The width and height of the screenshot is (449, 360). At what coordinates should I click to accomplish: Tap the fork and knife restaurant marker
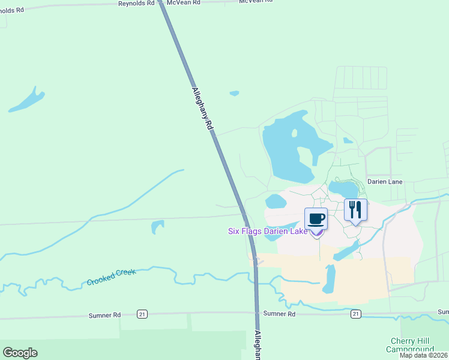pos(355,210)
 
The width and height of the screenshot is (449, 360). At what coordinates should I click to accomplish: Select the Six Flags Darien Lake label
pos(268,231)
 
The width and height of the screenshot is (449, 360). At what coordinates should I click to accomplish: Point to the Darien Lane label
pos(385,181)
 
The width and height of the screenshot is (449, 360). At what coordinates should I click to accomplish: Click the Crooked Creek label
pos(111,277)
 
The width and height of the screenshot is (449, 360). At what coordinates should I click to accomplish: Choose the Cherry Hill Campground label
pos(409,345)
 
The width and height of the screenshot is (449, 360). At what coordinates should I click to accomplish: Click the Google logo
pos(20,353)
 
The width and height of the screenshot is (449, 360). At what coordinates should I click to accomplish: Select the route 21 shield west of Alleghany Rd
pos(141,314)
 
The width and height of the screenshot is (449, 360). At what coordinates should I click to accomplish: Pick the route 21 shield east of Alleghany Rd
pos(355,314)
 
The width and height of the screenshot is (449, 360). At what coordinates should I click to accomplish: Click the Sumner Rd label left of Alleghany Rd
pos(104,314)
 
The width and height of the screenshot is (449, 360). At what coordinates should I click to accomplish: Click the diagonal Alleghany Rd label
pos(202,109)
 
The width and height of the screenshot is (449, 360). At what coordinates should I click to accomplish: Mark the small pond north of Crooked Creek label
pos(157,226)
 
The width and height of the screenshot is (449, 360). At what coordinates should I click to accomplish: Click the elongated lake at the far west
pos(27,101)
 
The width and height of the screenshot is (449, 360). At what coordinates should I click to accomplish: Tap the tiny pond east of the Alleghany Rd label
pos(234,93)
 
